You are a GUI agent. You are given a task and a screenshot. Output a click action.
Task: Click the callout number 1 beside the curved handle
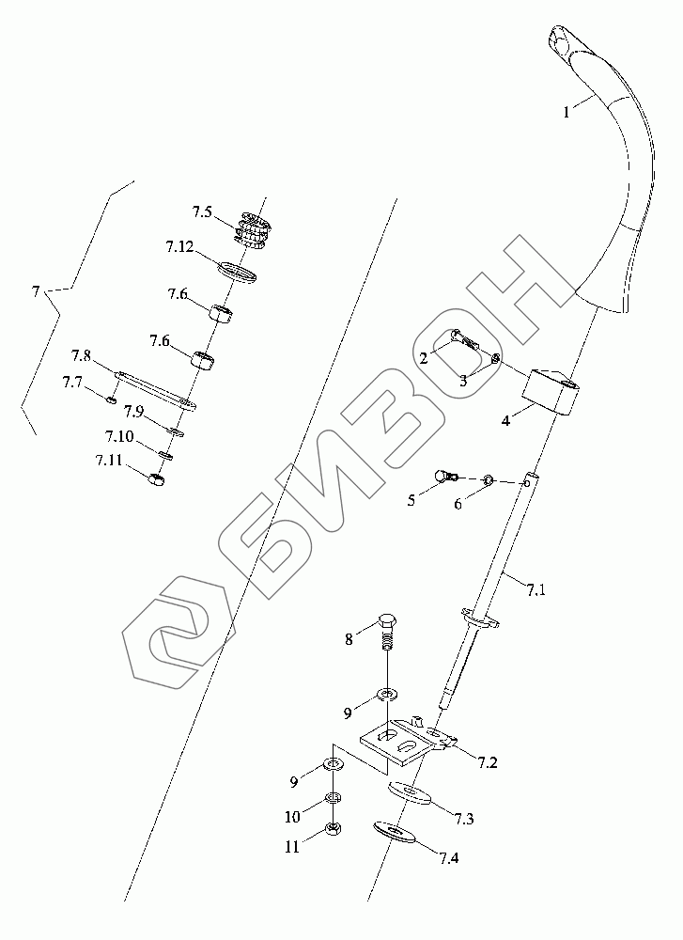(567, 113)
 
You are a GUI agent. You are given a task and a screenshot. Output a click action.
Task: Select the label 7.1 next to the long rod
(536, 590)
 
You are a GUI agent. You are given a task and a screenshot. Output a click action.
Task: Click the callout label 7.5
(203, 212)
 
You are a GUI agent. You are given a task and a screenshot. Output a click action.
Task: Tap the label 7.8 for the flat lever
(81, 356)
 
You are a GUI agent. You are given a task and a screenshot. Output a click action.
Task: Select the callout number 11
(293, 846)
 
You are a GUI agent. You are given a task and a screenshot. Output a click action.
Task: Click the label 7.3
(462, 820)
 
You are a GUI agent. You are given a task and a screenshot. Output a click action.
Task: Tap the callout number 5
(411, 501)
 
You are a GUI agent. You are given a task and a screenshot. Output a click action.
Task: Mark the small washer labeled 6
(489, 482)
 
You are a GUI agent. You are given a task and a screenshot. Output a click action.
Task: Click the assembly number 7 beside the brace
(36, 292)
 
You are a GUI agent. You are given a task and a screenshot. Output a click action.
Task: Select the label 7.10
(118, 437)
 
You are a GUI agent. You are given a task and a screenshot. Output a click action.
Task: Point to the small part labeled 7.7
(110, 400)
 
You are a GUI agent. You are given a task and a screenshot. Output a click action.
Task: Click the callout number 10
(293, 816)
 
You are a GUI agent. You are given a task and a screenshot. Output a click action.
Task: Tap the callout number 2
(425, 358)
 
